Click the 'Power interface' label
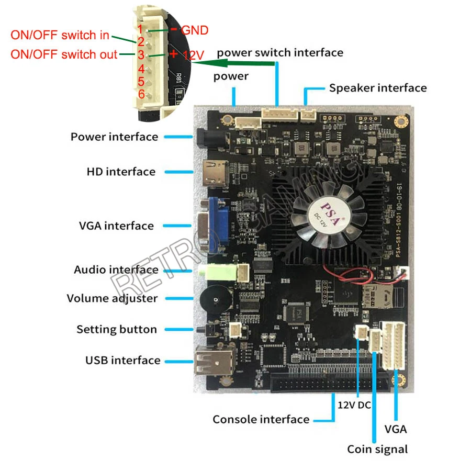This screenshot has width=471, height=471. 114,137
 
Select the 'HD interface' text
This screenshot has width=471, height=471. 120,171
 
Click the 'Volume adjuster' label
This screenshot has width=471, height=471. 112,298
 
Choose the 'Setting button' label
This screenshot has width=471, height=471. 116,329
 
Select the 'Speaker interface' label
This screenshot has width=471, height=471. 377,87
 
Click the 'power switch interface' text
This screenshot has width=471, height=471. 280,52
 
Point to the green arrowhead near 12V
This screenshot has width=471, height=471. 201,63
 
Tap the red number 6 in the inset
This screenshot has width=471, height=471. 141,94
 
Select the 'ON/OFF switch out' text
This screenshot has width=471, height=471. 64,54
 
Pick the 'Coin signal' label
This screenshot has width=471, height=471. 377,449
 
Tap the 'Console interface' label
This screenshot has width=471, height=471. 261,419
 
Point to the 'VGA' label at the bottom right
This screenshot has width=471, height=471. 396,429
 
